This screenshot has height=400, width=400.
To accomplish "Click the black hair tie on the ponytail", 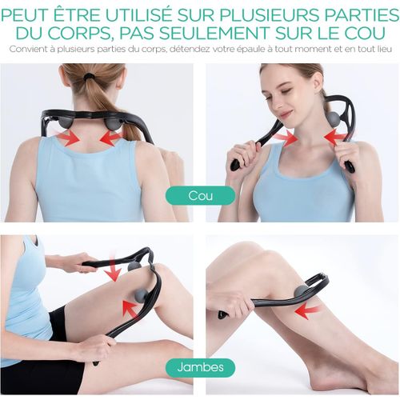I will pos(89,77).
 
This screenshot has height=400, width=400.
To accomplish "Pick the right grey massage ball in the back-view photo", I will pos(114,123).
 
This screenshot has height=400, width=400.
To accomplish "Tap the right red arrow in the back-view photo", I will pos(110,138).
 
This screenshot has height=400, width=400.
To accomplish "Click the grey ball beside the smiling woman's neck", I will pos(333,120).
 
